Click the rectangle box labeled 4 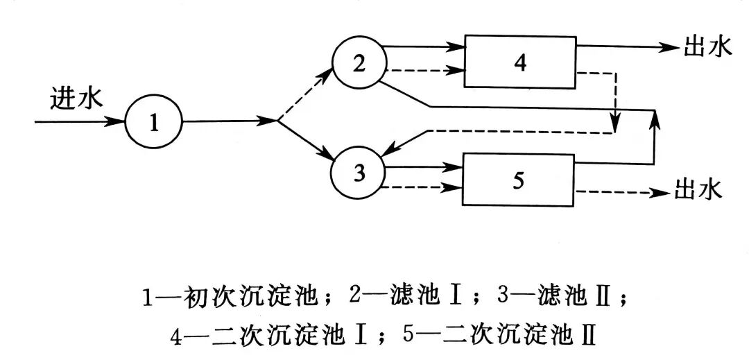(520, 62)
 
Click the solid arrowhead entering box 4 (456, 48)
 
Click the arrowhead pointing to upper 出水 (669, 47)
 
